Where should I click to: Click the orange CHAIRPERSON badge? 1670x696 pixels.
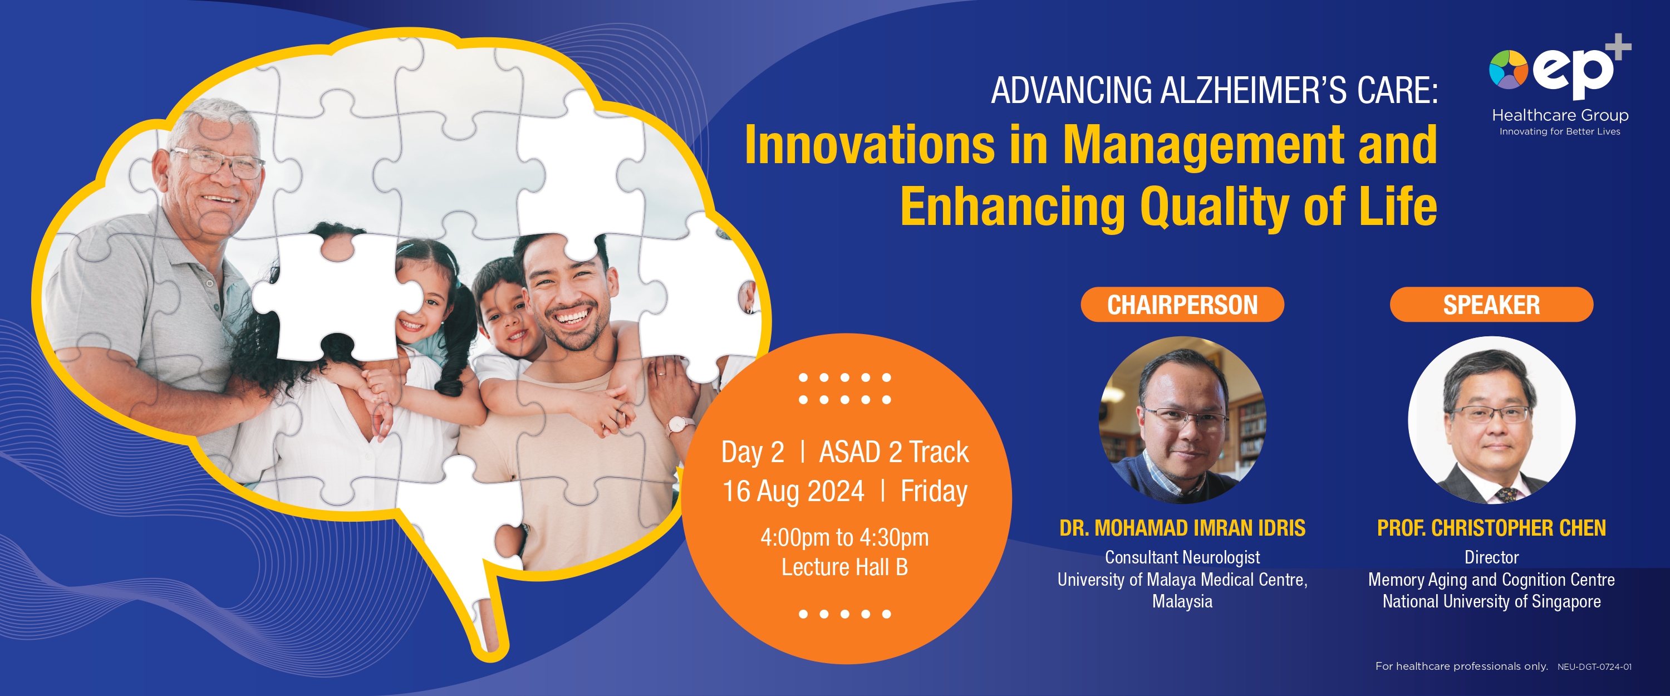[1182, 304]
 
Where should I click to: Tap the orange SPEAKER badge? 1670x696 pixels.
[1491, 304]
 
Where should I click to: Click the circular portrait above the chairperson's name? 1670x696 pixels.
[1182, 420]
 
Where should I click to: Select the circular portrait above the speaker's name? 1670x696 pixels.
[1491, 420]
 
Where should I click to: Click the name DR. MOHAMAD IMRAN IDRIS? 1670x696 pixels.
[1182, 528]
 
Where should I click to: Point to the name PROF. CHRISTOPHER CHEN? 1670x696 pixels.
[1491, 528]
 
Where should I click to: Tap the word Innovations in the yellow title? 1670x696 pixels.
[870, 145]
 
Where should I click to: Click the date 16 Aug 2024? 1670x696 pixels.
[793, 492]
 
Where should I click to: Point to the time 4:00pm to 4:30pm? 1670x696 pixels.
[844, 538]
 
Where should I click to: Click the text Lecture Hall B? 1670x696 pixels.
[844, 567]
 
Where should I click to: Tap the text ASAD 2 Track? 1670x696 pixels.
[893, 452]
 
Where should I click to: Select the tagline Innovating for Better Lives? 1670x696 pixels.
[1559, 131]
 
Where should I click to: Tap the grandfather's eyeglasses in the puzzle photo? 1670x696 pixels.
[218, 163]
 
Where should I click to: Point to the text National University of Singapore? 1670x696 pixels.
[1491, 602]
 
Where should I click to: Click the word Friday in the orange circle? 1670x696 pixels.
[934, 492]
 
